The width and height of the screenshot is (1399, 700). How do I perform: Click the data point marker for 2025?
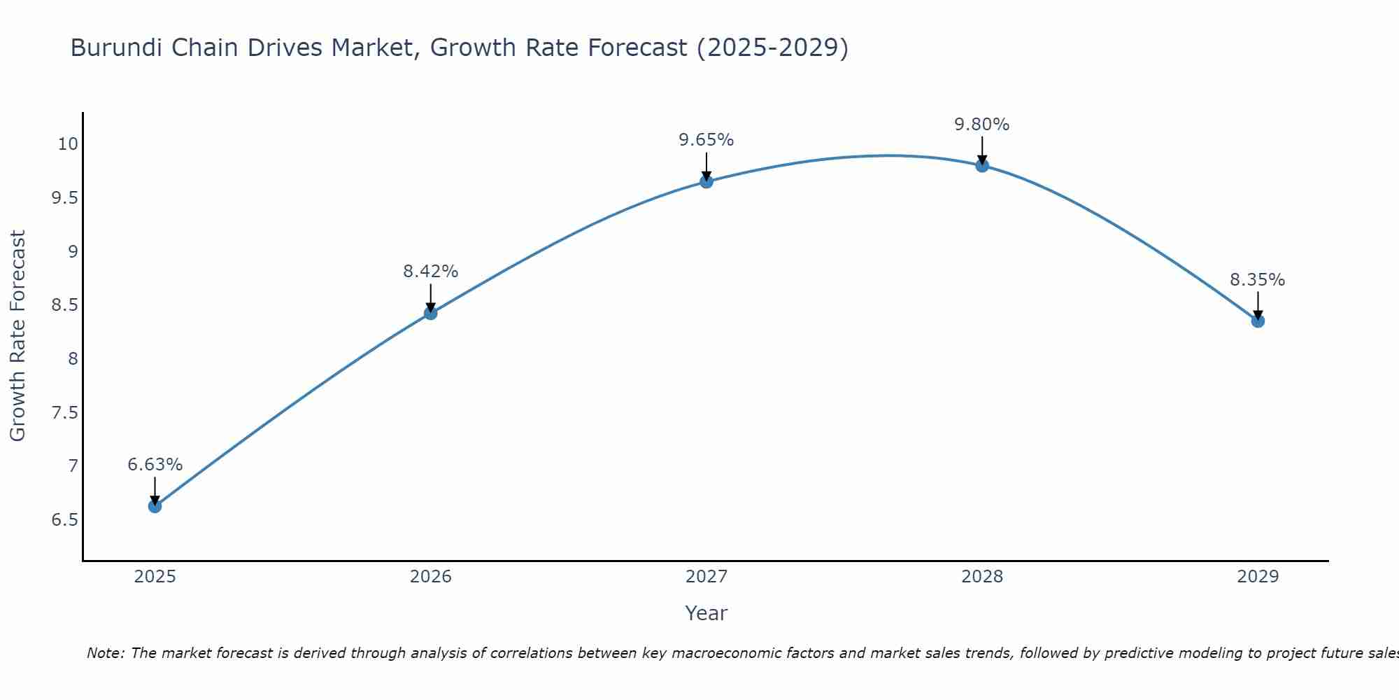coord(155,506)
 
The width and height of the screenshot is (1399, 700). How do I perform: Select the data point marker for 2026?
coord(430,313)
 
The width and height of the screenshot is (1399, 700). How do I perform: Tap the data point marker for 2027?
coord(706,181)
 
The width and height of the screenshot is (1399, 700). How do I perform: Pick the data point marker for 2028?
coord(981,165)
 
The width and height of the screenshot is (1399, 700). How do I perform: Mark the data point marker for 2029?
coord(1257,321)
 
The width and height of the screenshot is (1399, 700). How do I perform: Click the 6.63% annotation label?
coord(155,465)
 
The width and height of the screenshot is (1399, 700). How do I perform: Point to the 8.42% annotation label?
coord(430,272)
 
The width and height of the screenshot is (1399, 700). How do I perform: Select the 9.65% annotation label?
coord(706,140)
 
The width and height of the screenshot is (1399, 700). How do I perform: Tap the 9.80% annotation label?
coord(981,125)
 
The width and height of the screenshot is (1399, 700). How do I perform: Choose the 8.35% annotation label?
coord(1257,280)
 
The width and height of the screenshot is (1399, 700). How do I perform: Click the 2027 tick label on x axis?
coord(706,577)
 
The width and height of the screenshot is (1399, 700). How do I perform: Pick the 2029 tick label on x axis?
coord(1257,577)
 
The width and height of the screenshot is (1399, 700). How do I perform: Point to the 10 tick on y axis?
coord(68,144)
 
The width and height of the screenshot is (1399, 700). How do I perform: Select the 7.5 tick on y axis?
coord(64,413)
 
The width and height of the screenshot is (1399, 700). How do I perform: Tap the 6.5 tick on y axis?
coord(64,520)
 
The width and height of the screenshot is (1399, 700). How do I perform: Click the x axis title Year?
coord(706,613)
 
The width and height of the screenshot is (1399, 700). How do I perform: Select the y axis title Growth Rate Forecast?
coord(17,336)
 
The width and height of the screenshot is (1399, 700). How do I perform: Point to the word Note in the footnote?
coord(104,653)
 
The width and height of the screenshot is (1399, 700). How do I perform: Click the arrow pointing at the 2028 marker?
coord(981,149)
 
